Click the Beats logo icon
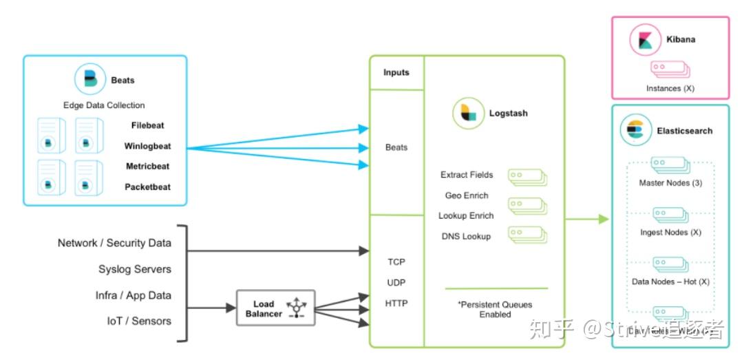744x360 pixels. pos(90,80)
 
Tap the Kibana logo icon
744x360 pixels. pos(645,39)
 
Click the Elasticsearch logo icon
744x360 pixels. pos(635,131)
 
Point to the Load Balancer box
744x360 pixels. pos(275,308)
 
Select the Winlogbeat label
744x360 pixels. pos(147,146)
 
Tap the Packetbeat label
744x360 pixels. pos(147,187)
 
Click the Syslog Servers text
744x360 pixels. pos(135,269)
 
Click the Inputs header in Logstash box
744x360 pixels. pos(396,72)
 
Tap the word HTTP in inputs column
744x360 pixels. pos(396,303)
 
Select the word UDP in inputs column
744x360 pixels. pos(396,282)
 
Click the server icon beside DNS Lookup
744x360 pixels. pos(527,235)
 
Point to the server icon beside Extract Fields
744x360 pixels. pos(527,176)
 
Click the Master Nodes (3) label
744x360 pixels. pos(670,183)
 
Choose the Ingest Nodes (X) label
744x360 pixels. pos(670,233)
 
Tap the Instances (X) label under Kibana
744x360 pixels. pos(669,89)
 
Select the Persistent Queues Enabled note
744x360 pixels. pos(496,309)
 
